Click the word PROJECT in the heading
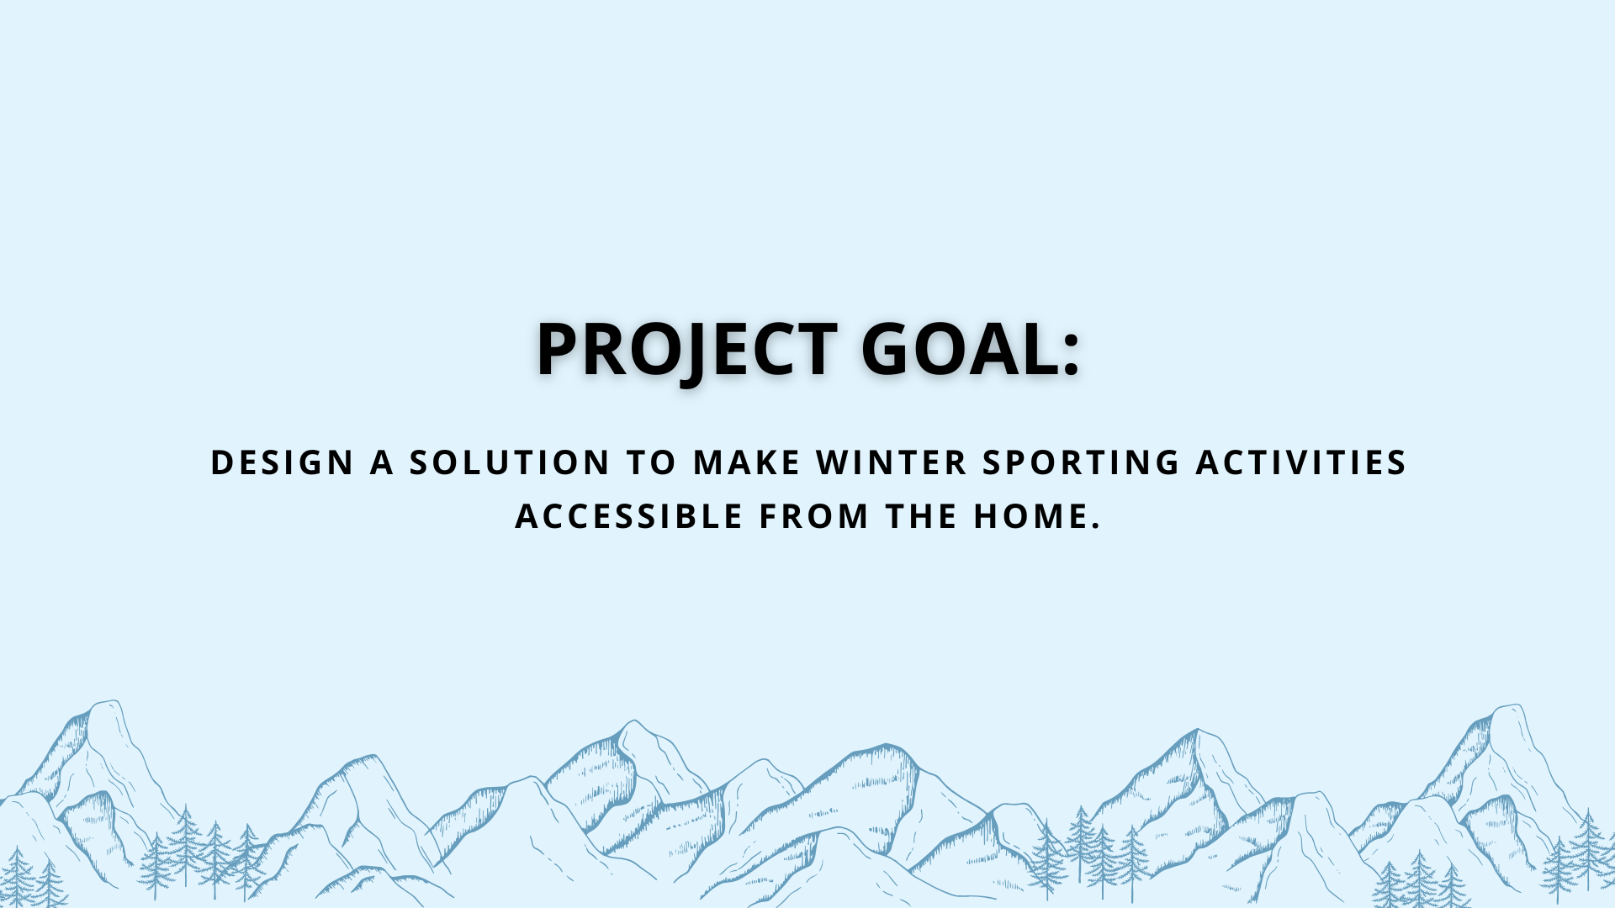coord(686,349)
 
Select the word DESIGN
coord(282,462)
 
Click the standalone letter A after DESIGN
coord(382,462)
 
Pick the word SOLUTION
coord(510,462)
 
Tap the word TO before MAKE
coord(651,462)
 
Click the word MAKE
coord(747,462)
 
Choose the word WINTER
coord(892,462)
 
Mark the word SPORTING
coord(1082,462)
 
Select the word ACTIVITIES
coord(1302,462)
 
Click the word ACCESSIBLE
coord(629,516)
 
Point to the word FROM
coord(813,516)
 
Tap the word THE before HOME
coord(921,516)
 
